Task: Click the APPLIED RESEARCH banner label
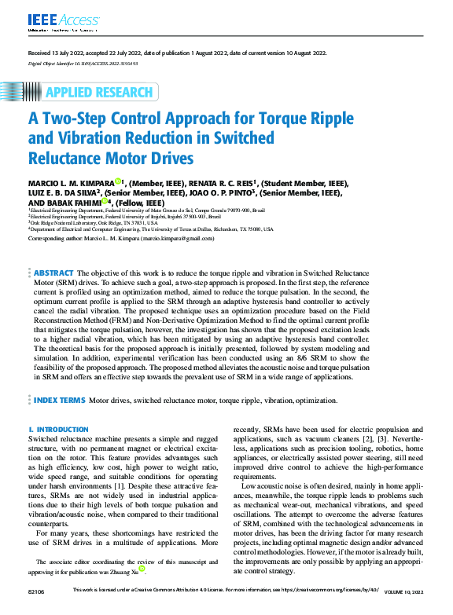click(x=98, y=93)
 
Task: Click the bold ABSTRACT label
click(x=53, y=271)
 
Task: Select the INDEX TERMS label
click(x=59, y=400)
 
